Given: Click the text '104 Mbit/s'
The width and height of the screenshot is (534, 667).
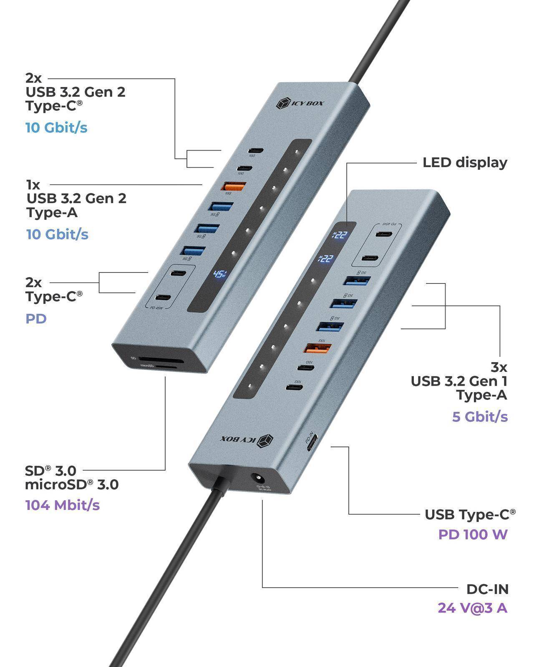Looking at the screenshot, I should [x=63, y=505].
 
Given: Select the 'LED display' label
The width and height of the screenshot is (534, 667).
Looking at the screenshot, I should [x=465, y=163].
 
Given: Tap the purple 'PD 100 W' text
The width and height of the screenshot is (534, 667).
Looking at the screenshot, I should [x=473, y=534].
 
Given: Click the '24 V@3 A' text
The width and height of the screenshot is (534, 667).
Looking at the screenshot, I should [x=472, y=608].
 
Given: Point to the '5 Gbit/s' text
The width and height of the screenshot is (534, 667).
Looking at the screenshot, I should [x=480, y=416].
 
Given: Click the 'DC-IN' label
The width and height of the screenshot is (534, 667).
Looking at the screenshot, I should [x=487, y=589].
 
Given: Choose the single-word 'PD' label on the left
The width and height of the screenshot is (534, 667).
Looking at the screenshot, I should [x=36, y=319].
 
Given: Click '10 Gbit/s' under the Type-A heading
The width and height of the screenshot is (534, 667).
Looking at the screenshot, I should [x=58, y=234].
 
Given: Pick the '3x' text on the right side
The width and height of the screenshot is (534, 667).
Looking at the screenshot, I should [x=499, y=367].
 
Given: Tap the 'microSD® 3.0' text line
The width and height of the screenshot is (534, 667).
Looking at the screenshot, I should [x=72, y=485].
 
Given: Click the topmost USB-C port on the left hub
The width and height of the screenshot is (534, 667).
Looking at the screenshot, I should [x=255, y=150].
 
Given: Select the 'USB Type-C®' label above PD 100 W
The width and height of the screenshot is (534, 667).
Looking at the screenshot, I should [x=470, y=515].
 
